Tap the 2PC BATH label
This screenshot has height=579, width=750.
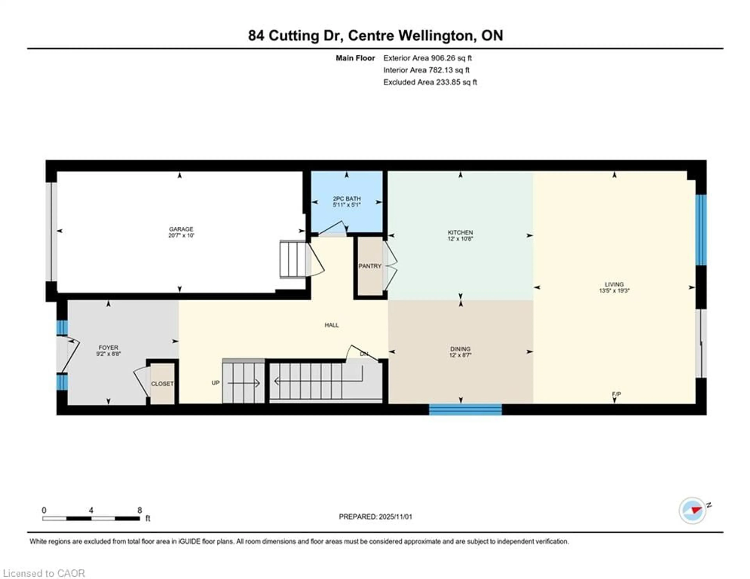click(346, 198)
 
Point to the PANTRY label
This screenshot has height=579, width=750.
click(370, 266)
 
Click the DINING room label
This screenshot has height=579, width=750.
click(460, 349)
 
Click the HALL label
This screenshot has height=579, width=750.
click(331, 325)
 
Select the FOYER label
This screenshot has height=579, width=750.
click(108, 348)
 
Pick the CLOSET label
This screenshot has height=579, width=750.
click(162, 384)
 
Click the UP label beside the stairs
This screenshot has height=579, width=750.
click(215, 382)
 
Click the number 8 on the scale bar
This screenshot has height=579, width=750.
click(139, 510)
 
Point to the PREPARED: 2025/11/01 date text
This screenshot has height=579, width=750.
click(375, 516)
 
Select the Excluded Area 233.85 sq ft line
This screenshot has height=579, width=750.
click(430, 82)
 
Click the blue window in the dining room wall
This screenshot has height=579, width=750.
click(465, 410)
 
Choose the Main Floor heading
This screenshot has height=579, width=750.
click(355, 58)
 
